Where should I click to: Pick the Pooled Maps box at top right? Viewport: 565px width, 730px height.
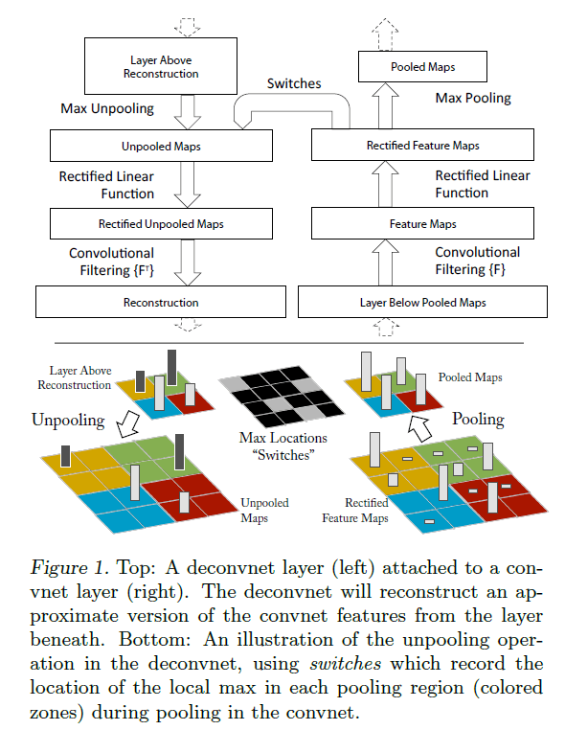click(422, 67)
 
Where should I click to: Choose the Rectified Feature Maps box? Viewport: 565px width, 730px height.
click(422, 146)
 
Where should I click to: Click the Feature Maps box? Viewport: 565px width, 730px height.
click(422, 224)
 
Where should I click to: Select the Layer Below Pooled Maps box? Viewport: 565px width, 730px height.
click(422, 302)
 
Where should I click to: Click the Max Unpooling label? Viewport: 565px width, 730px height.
click(107, 108)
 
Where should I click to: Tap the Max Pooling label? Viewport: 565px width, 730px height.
click(473, 98)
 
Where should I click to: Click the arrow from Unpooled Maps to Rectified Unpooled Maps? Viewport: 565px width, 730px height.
click(189, 185)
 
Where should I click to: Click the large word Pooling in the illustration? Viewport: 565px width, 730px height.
click(477, 420)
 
